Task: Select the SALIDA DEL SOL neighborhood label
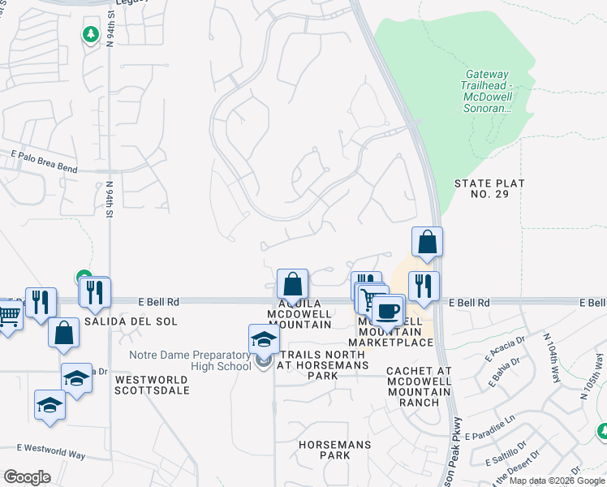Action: coord(140,321)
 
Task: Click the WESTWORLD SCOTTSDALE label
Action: coord(152,385)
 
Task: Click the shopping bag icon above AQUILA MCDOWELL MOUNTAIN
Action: coord(292,284)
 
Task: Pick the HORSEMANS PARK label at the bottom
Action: coord(334,450)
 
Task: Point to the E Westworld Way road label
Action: coord(51,450)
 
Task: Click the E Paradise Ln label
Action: coord(499,428)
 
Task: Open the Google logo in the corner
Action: coord(27,477)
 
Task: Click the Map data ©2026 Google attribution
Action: coord(556,481)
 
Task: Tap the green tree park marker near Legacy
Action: coord(90,34)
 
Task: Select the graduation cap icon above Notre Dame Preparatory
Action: coord(264,338)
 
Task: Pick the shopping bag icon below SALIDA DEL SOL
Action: coord(63,332)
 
